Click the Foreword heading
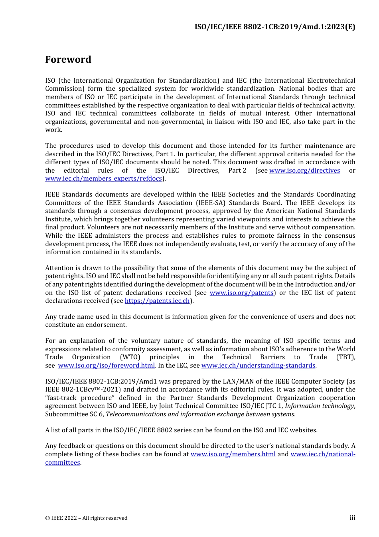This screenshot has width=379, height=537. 68,60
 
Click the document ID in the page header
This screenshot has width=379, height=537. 274,27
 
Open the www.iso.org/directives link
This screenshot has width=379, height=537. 304,171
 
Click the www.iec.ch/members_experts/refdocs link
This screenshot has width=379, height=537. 103,179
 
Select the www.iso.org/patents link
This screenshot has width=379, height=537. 241,293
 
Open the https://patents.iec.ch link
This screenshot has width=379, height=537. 157,301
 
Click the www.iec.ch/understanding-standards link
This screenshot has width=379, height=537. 258,366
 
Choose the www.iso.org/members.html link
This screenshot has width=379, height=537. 233,454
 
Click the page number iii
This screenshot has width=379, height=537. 352,518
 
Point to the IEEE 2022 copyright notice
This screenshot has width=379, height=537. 86,518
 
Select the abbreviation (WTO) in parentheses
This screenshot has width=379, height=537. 130,357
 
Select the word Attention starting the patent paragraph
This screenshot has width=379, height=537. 59,268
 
